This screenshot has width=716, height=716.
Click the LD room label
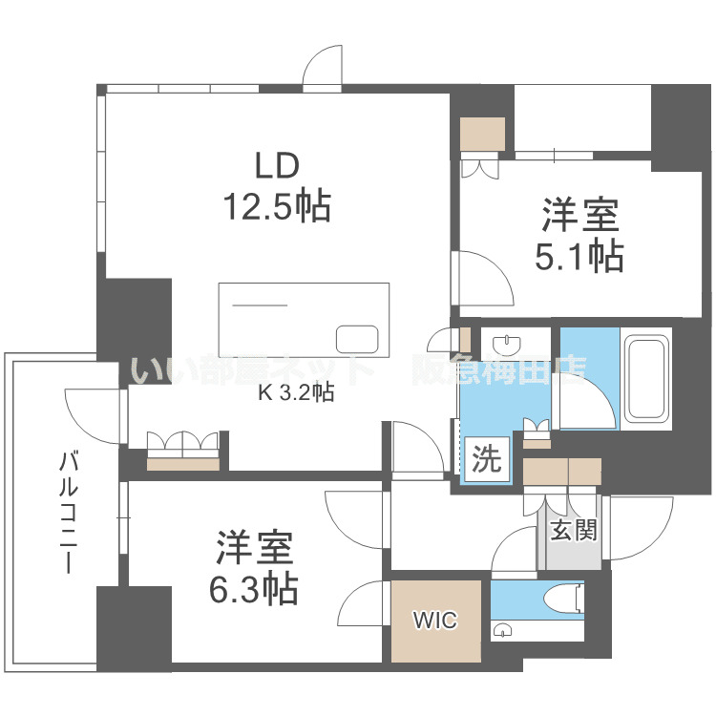tap(277, 165)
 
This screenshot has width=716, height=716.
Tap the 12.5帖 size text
tap(277, 205)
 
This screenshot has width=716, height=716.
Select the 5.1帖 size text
tap(581, 256)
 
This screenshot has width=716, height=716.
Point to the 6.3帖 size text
tap(254, 588)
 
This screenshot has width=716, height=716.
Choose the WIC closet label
tap(435, 621)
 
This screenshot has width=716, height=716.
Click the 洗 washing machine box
tap(486, 460)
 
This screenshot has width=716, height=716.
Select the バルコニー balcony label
tap(69, 513)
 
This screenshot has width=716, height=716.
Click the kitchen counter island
tap(304, 319)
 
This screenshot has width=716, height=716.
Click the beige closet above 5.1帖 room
tap(482, 133)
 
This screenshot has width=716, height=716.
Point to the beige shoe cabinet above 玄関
tap(561, 472)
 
